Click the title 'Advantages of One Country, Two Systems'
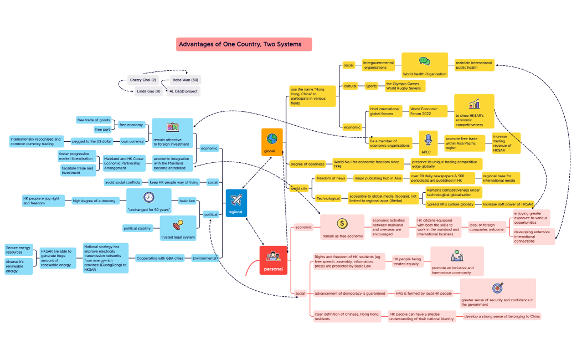coord(244,44)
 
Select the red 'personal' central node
coord(273,260)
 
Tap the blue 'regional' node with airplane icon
coord(236,203)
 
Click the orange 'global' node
coord(272,142)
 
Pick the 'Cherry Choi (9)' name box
coord(143,80)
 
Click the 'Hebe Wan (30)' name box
coord(186,80)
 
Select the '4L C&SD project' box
coord(183,91)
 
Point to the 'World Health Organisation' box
coord(424,65)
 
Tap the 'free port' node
coord(102,130)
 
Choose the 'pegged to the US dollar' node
coord(92,141)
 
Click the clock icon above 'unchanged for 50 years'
coord(148,197)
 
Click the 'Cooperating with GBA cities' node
coord(160,258)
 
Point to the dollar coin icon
coord(342,223)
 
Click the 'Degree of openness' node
coord(308,164)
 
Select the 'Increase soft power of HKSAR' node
coord(507,204)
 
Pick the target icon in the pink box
coord(497,288)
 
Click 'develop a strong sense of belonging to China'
coord(502,316)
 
